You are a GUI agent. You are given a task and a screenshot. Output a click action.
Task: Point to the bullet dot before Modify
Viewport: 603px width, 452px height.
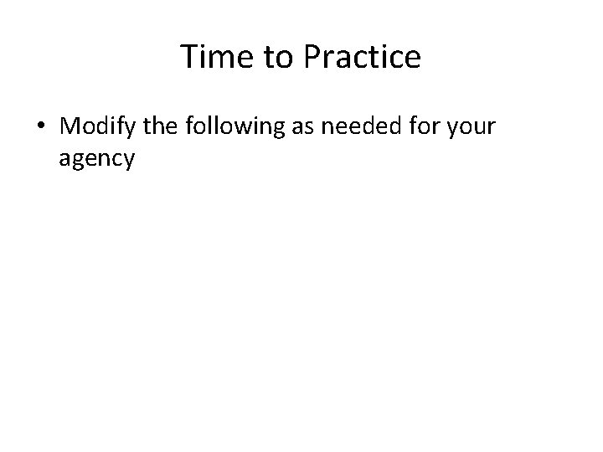coord(41,127)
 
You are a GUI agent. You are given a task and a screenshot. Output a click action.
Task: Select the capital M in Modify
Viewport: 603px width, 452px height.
coord(70,127)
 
